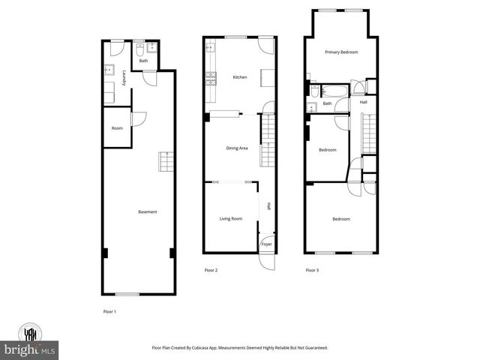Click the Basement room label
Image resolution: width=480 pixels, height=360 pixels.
click(148, 212)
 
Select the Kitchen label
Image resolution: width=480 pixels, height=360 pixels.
click(240, 77)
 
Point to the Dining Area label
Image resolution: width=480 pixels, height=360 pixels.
click(237, 148)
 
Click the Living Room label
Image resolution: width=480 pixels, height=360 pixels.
click(231, 219)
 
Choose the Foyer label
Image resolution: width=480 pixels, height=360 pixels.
click(267, 244)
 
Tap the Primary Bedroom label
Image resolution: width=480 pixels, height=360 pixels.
click(341, 52)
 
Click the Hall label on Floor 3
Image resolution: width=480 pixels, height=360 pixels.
click(363, 102)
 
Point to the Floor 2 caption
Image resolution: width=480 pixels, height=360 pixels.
click(211, 270)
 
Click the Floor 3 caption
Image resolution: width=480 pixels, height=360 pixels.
click(312, 270)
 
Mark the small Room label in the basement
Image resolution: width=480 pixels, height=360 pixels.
click(117, 128)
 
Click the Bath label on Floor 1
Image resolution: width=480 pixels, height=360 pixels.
click(143, 61)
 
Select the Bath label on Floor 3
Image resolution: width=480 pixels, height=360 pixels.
click(327, 103)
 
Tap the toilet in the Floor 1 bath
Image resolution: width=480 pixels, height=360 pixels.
click(139, 52)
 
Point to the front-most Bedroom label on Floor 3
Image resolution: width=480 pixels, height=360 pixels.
click(341, 219)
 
